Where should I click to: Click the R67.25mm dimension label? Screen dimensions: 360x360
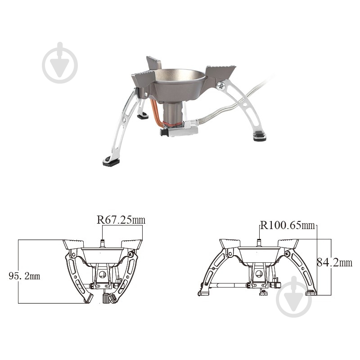[x=121, y=220]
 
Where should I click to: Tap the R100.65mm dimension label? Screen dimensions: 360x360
[x=287, y=225]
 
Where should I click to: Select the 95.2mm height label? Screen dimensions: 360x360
[x=24, y=276]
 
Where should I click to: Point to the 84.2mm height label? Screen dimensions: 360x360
[x=334, y=262]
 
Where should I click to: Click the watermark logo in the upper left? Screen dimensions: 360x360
[x=60, y=63]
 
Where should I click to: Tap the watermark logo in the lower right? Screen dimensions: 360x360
[x=294, y=297]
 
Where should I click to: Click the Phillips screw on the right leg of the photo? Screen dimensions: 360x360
[x=221, y=86]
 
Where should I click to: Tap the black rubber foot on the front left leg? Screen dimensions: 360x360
[x=111, y=162]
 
